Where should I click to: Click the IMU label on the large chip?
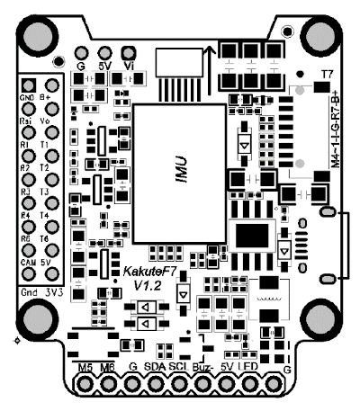(182, 165)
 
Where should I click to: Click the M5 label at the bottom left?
(86, 368)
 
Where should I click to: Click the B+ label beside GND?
(45, 98)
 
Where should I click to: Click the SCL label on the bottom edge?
(177, 368)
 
